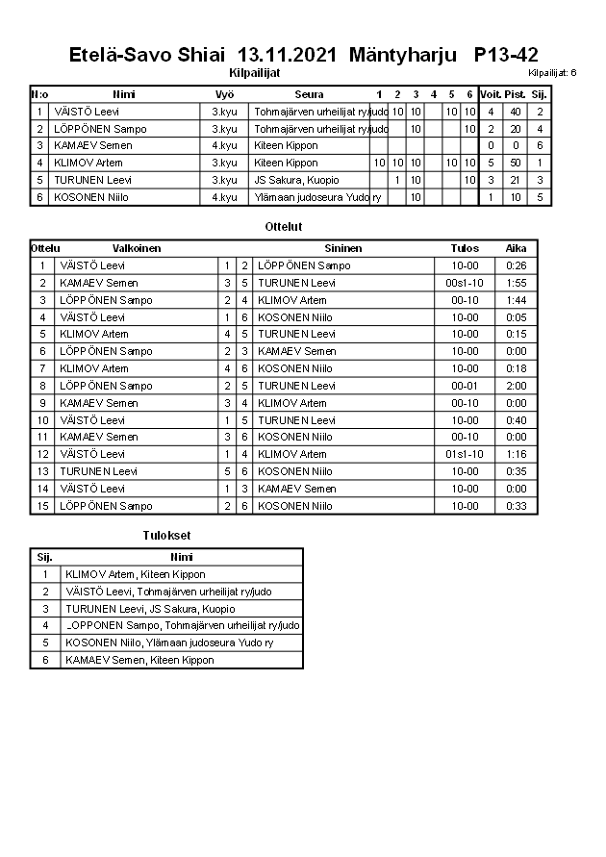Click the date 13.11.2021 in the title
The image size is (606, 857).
289,55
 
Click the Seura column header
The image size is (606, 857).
309,94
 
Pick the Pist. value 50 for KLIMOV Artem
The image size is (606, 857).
516,163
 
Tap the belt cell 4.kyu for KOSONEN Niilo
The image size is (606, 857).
224,197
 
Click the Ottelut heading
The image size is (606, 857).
283,227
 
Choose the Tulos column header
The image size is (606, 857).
465,248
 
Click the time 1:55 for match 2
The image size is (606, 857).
516,283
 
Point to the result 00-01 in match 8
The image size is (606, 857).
465,386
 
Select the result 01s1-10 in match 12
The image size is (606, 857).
465,454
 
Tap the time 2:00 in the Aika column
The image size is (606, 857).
516,386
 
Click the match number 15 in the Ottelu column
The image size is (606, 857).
42,506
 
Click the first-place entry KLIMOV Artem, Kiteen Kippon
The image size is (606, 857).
135,574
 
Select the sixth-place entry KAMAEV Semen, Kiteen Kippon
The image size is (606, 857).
139,660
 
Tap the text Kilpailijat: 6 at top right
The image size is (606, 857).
552,72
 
